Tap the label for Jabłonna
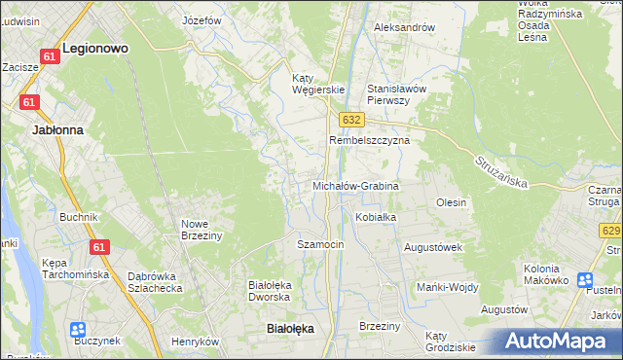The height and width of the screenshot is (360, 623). tap(57, 128)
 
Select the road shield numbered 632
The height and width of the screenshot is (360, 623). tap(352, 119)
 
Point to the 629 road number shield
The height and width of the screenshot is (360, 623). tap(611, 230)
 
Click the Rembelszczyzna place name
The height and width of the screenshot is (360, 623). tap(370, 140)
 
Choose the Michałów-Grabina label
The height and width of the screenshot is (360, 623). tap(355, 185)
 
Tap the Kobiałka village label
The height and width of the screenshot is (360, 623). tap(376, 217)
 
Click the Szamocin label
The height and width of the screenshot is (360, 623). tap(320, 244)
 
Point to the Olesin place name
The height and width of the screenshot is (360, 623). tap(451, 202)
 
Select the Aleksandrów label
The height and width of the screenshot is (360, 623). tap(404, 27)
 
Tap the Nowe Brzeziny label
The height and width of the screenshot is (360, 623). tap(202, 230)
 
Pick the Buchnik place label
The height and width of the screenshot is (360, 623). tap(78, 217)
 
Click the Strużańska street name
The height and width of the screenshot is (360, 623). tap(502, 172)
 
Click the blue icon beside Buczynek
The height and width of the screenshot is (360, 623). tap(78, 331)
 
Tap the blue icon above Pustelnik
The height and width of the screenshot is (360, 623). tap(585, 280)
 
